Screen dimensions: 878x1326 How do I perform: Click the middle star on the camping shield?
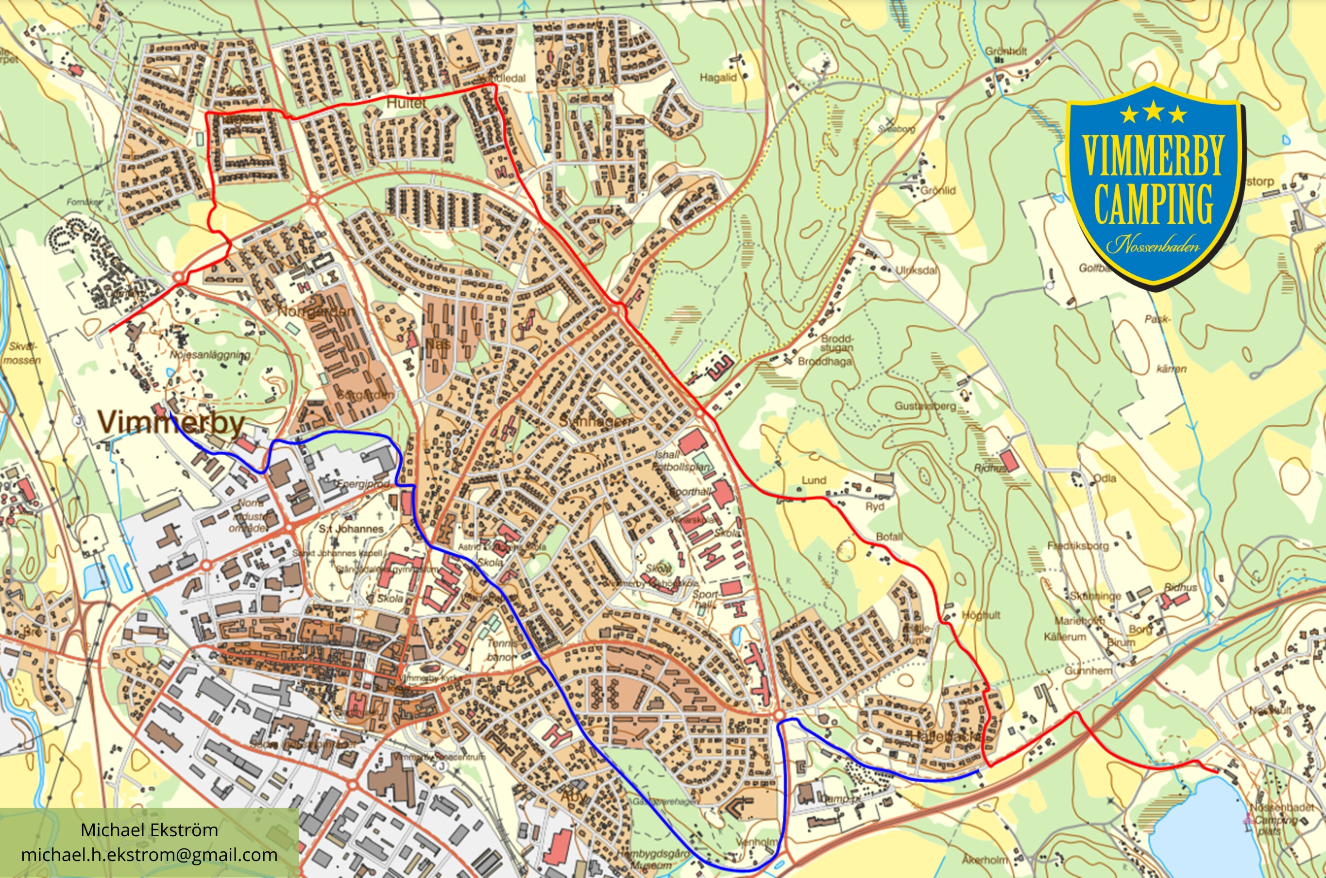1154,112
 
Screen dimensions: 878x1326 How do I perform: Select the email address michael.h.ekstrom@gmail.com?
149,855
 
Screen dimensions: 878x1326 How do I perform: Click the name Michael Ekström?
149,830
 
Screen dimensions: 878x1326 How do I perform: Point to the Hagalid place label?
717,78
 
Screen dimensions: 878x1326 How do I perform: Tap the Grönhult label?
1006,51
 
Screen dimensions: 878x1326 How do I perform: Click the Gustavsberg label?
925,405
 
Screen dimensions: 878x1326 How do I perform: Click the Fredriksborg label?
1078,546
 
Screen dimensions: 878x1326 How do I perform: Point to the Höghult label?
981,615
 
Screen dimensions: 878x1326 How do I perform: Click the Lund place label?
814,480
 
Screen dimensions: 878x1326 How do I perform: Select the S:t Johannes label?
351,529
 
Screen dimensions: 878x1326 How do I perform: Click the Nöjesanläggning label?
209,354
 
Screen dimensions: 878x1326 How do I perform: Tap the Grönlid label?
938,190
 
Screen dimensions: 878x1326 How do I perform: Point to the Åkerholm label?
984,860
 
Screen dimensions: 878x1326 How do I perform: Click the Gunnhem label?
1088,671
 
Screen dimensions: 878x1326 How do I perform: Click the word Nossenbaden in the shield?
1153,245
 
